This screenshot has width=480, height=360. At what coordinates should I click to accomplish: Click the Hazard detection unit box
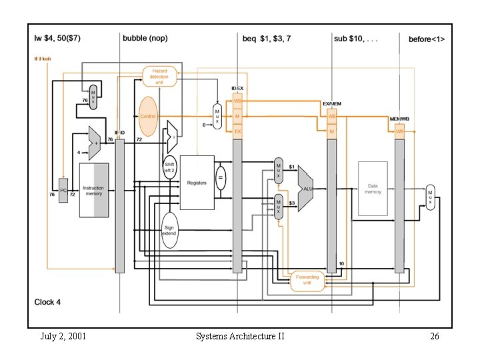coord(160,76)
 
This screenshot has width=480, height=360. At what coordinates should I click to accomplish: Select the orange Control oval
coord(148,116)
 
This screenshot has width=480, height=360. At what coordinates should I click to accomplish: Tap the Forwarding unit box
coord(307,281)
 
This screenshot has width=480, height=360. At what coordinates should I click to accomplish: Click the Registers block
coord(197,183)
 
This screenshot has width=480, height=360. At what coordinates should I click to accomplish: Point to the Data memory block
coord(373,188)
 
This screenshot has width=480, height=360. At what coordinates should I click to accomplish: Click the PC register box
coord(63,190)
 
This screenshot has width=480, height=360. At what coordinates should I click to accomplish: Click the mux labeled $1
coord(279,171)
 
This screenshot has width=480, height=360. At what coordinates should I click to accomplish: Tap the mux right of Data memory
coord(430,197)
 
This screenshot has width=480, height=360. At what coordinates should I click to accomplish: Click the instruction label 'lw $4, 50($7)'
coord(58,39)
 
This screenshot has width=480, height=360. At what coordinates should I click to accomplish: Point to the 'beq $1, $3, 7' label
coord(266,39)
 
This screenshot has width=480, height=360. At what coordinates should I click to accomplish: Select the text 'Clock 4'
coord(47,302)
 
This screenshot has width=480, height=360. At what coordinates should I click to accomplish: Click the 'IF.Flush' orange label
coord(43,59)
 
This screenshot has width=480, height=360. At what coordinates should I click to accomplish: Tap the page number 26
coord(434,336)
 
